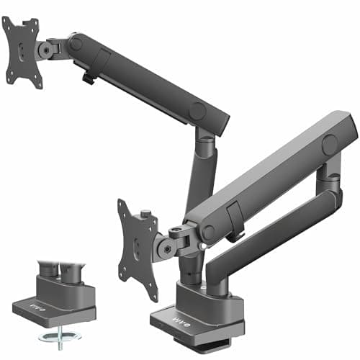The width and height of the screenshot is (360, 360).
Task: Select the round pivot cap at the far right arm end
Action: pyautogui.click(x=330, y=144)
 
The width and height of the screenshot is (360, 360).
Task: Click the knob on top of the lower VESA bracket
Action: pyautogui.click(x=146, y=214)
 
